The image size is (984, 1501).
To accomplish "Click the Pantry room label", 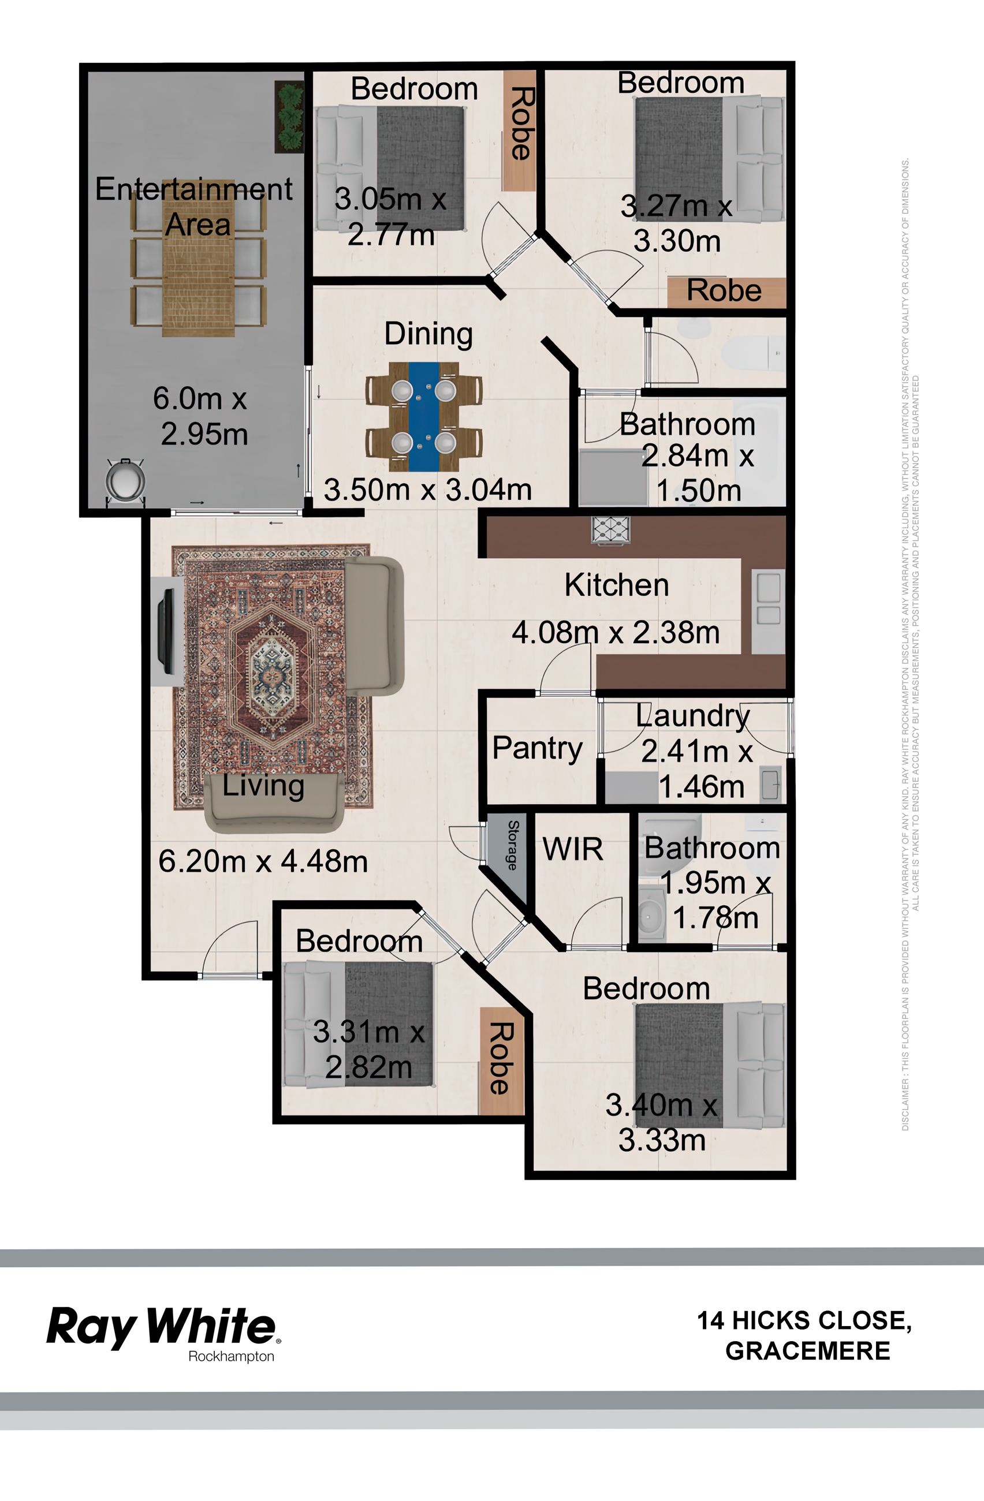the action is click(538, 749).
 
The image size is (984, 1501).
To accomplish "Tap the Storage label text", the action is click(513, 845).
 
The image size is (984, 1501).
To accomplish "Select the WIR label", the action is click(573, 849).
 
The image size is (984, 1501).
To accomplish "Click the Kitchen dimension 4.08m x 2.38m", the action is click(616, 632).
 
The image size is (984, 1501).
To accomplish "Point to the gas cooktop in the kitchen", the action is click(610, 530).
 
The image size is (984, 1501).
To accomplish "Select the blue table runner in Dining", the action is click(424, 417).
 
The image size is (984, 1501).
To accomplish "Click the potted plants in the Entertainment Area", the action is click(289, 117).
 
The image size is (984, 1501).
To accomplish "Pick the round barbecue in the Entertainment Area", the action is click(125, 482).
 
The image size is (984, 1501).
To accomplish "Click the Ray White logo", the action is click(163, 1328).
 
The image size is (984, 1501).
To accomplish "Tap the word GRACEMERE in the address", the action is click(808, 1351).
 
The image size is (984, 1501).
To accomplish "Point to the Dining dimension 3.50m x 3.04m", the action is click(428, 490).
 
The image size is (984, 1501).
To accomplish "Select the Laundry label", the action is click(692, 716).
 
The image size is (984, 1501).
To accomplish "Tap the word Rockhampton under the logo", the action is click(232, 1357).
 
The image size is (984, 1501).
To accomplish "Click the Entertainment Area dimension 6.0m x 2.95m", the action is click(200, 416).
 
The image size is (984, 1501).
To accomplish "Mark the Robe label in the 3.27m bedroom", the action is click(724, 291).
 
